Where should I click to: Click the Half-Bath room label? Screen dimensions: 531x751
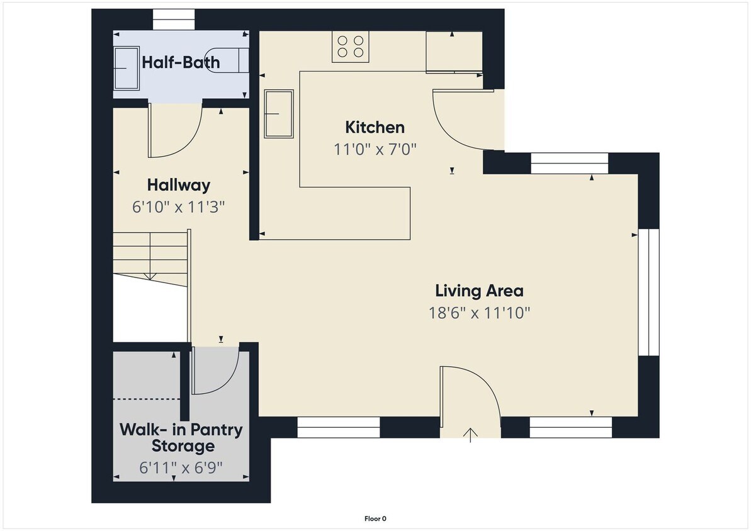(181, 62)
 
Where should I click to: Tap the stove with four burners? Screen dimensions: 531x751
(351, 47)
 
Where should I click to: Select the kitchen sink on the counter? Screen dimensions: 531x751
(279, 113)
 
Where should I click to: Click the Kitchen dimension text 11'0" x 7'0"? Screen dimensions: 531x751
(375, 149)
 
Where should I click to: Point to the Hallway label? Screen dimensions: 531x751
(179, 186)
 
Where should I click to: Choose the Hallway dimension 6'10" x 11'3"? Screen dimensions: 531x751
(179, 206)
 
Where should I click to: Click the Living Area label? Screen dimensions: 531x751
(479, 291)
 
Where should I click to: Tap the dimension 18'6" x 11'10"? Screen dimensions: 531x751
(479, 313)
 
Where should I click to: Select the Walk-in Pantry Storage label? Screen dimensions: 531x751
(181, 439)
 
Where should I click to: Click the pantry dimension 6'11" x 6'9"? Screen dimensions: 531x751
(181, 468)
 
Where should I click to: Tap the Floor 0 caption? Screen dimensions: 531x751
(375, 519)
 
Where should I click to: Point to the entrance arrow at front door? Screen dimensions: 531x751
(471, 434)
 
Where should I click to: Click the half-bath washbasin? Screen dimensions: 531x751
(127, 68)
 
